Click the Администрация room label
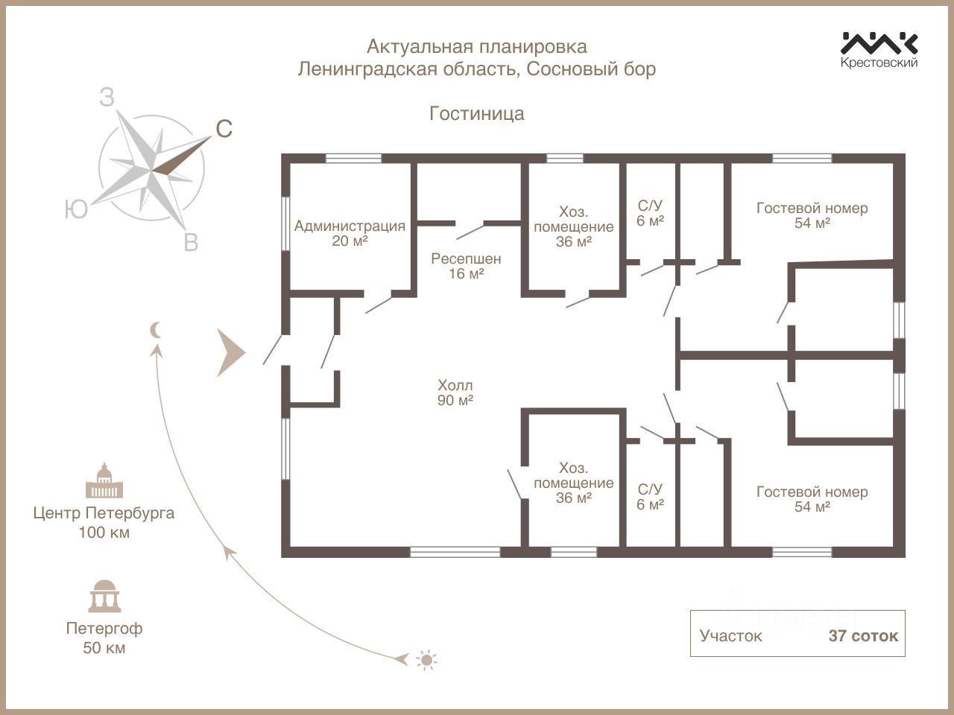tap(350, 232)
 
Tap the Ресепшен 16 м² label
tap(466, 266)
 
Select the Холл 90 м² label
tap(455, 393)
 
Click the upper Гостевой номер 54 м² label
tap(812, 214)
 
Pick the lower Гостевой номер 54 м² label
tap(812, 499)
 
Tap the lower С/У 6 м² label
tap(650, 496)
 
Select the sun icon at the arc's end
tap(426, 660)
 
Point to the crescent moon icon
tap(156, 330)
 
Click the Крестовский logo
tap(879, 50)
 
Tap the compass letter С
tap(224, 130)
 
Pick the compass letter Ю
tap(76, 210)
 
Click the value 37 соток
tap(863, 636)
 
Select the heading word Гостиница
tap(477, 113)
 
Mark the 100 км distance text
tap(104, 533)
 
